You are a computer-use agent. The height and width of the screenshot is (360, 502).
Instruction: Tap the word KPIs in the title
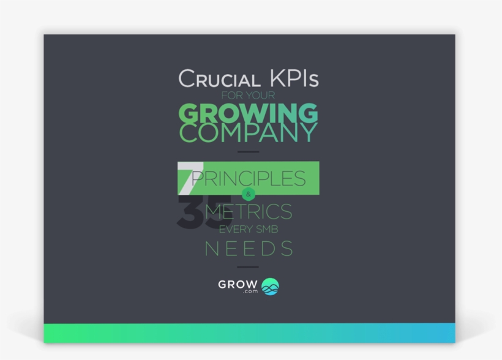click(x=293, y=79)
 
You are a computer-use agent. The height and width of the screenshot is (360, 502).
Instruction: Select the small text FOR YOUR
click(x=248, y=96)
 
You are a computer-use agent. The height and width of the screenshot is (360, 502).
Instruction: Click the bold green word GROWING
click(x=248, y=114)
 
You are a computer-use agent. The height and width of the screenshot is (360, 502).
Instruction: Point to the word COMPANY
click(x=248, y=133)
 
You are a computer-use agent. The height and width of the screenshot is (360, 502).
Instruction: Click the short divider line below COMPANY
click(x=248, y=152)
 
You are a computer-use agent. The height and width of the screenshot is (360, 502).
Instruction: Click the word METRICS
click(x=248, y=212)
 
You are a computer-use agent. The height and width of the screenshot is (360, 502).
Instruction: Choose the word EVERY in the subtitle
click(x=234, y=230)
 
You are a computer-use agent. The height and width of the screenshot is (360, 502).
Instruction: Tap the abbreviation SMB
click(x=266, y=230)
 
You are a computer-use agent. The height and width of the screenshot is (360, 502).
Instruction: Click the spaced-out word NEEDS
click(x=248, y=249)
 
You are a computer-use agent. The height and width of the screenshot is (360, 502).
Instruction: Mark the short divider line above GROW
click(x=248, y=267)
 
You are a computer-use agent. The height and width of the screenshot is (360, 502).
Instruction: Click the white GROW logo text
click(x=238, y=284)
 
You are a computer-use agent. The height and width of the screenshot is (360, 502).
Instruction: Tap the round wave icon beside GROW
click(x=270, y=287)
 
